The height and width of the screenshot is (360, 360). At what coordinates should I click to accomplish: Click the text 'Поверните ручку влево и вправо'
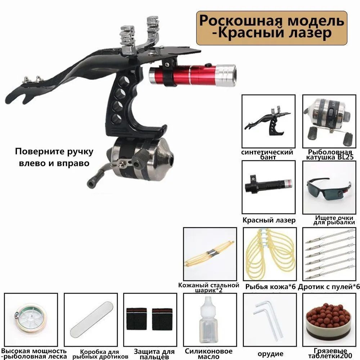coord(54,157)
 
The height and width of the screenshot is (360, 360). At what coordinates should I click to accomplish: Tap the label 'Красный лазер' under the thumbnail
coord(269,220)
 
